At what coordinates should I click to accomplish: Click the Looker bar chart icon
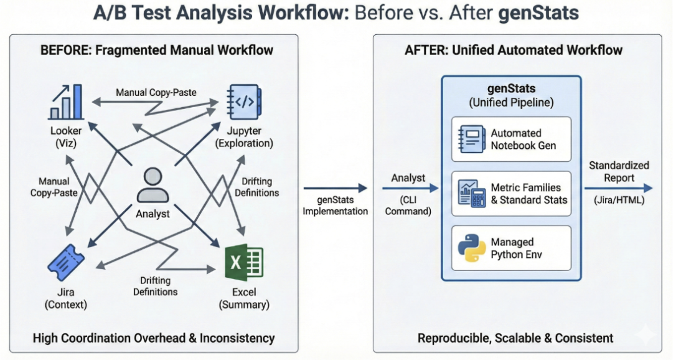65,103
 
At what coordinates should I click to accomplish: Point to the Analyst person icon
153,186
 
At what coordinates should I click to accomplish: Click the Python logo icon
471,247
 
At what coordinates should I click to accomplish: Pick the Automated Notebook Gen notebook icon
471,139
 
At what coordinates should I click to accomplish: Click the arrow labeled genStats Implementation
336,188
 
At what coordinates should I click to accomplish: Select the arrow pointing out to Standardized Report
617,188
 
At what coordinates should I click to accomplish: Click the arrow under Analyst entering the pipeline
408,188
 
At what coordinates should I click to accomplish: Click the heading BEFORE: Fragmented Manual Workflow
156,50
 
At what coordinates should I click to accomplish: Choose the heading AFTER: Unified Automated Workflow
514,50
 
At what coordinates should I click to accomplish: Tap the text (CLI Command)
408,206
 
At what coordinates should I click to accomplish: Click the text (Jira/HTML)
619,201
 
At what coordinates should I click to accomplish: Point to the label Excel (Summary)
243,298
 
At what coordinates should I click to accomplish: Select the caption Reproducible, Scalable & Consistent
515,338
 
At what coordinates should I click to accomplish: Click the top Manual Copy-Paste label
156,92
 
